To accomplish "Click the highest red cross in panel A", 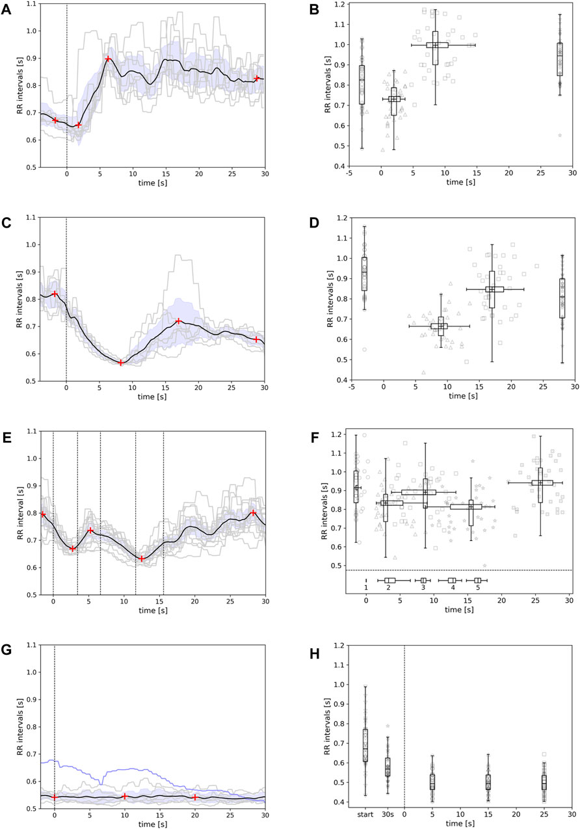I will pyautogui.click(x=108, y=59).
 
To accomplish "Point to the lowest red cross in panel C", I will pyautogui.click(x=121, y=362).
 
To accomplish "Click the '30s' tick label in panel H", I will pyautogui.click(x=388, y=813).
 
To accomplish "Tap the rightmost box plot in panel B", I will pyautogui.click(x=559, y=59).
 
